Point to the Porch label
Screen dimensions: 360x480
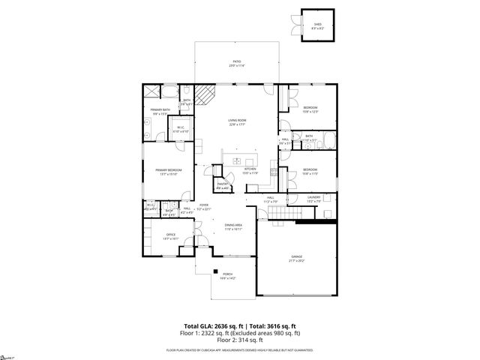(x=227, y=276)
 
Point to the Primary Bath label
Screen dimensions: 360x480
(x=159, y=112)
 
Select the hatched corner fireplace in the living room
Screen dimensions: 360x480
(x=208, y=94)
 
